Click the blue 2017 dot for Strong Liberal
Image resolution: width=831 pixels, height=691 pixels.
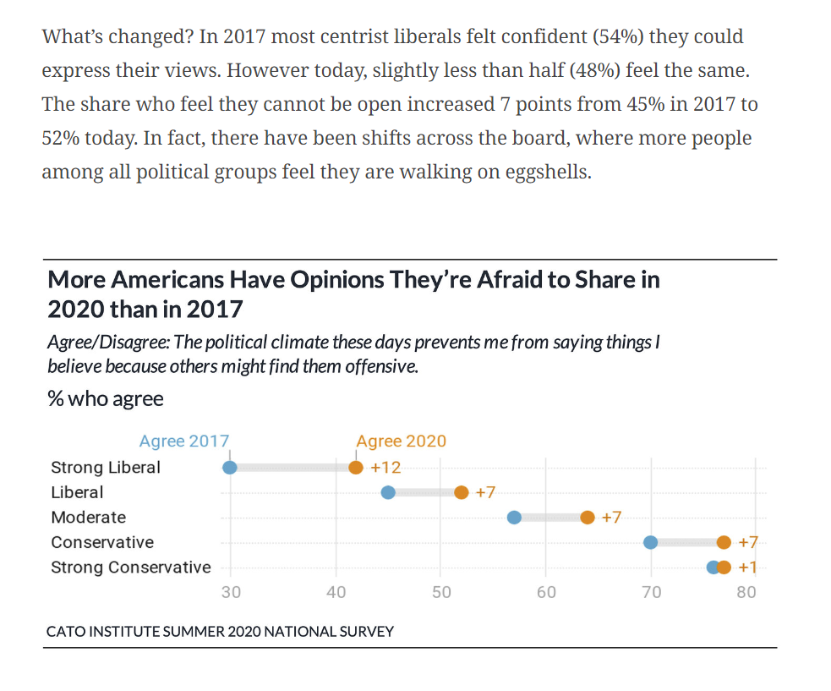[229, 468]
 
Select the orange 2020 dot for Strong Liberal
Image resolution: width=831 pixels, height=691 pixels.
[356, 468]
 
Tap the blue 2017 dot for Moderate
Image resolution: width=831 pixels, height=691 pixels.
[514, 518]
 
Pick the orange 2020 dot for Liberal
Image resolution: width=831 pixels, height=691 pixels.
[461, 493]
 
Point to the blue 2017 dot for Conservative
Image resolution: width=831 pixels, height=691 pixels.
[650, 542]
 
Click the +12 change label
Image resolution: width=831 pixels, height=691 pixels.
[385, 468]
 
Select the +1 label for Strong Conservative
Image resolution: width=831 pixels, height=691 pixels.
[747, 568]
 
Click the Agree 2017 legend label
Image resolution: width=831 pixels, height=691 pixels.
[184, 441]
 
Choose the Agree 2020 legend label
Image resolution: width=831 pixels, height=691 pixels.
[401, 441]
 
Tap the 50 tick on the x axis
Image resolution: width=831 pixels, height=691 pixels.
[441, 592]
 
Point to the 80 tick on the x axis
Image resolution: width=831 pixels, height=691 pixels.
[746, 592]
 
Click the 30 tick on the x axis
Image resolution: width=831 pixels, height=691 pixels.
[231, 592]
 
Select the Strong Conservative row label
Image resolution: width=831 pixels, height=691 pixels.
[131, 568]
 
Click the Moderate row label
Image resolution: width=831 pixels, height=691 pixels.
[88, 518]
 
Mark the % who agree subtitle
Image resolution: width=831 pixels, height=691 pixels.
[106, 398]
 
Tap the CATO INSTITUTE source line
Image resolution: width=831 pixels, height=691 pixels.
[220, 631]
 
